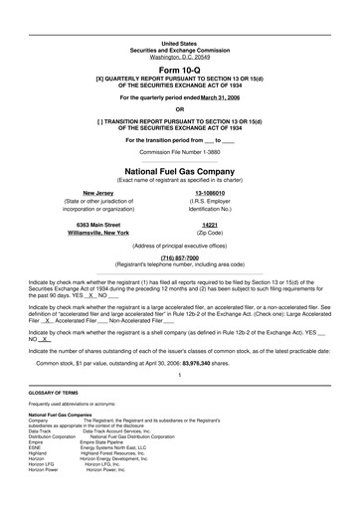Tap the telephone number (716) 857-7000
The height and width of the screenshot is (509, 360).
[180, 256]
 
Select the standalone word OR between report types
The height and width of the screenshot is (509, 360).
[180, 108]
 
